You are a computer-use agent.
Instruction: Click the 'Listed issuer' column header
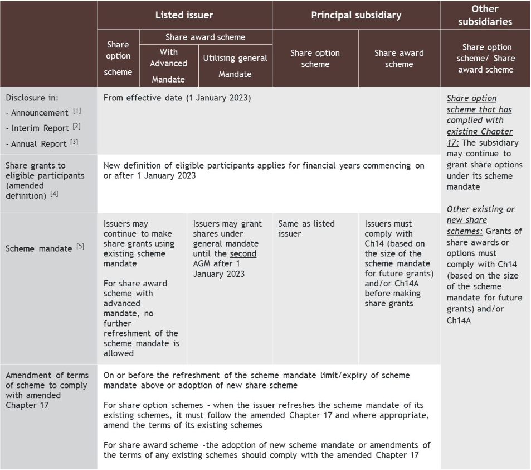click(184, 15)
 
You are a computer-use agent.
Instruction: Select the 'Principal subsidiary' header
click(355, 15)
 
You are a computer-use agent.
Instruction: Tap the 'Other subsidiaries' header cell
click(485, 15)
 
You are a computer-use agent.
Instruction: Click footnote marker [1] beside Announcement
click(77, 111)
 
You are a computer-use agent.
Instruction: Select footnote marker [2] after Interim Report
click(77, 127)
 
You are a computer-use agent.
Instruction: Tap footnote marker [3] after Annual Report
click(74, 142)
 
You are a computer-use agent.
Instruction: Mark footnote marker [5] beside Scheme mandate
click(80, 246)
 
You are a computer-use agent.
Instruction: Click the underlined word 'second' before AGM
click(243, 254)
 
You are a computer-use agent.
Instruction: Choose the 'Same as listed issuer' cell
click(306, 228)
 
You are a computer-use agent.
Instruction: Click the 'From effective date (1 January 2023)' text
click(177, 98)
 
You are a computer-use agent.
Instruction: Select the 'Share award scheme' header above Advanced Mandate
click(205, 37)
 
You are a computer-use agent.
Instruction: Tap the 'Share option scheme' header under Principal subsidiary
click(315, 59)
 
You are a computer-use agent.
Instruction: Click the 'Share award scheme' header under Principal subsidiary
click(399, 59)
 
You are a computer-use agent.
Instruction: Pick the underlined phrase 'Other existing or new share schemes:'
click(480, 214)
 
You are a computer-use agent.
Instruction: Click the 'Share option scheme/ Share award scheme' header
click(486, 58)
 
